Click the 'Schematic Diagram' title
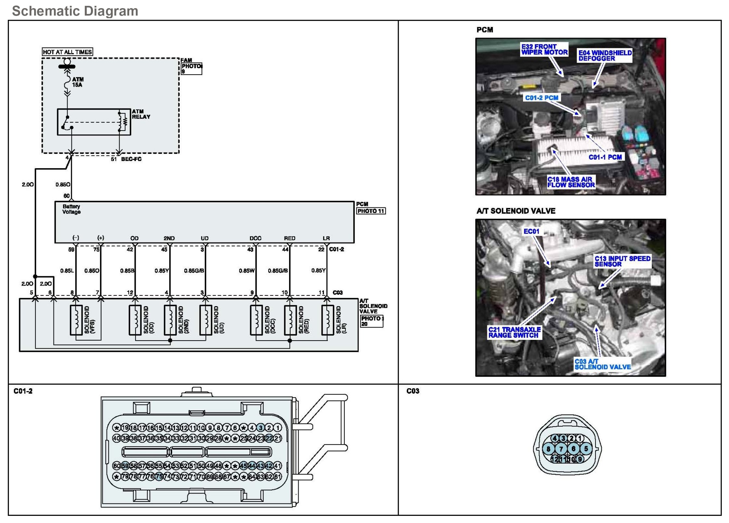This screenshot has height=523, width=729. coord(75,11)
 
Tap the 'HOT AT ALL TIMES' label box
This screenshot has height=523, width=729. coord(67,52)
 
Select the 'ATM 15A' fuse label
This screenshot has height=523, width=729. coord(77,82)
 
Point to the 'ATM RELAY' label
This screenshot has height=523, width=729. coord(141,114)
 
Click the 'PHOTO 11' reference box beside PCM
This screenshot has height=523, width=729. coord(371,211)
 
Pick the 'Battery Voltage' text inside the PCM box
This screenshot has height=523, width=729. coord(71,209)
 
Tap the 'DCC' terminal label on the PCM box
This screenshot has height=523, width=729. coord(255,238)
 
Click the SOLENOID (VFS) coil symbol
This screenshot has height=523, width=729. coord(76,320)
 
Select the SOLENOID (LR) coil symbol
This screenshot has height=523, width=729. coord(327,320)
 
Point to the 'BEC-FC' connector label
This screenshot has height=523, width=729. coord(131,159)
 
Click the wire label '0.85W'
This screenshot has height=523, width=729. coord(247,271)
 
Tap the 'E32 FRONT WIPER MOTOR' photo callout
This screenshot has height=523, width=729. coord(544,49)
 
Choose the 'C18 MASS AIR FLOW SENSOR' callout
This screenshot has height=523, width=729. coord(571,182)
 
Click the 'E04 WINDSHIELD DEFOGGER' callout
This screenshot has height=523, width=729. coord(605,56)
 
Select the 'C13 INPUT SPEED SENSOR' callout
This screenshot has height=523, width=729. coord(622,261)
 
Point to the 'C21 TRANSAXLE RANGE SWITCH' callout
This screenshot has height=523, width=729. coord(514,332)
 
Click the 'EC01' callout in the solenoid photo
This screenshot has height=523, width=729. coord(531,231)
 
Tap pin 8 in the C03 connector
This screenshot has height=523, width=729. coord(548,449)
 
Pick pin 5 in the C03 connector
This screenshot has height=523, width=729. coord(586,449)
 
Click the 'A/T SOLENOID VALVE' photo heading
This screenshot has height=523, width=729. coord(516,211)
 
